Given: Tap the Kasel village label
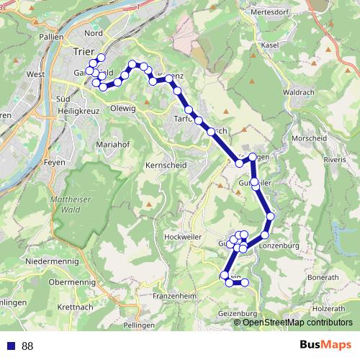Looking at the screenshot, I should tap(270, 45).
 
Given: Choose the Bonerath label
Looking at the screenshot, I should tap(322, 277).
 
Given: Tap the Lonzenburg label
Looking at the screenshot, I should tap(277, 246).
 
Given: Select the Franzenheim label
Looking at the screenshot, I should tap(176, 296).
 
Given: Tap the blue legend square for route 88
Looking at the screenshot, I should tap(10, 346).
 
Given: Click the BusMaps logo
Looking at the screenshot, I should tap(325, 346).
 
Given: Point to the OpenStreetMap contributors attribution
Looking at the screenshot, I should tap(297, 323).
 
